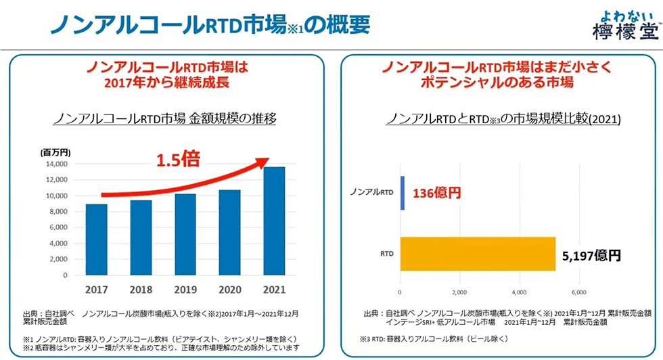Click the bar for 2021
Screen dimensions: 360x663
[274, 221]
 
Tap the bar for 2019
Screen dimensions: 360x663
[185, 234]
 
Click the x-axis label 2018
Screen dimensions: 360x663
[140, 289]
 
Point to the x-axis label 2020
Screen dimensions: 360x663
[229, 289]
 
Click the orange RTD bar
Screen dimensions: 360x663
[478, 254]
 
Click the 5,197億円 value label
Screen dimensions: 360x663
[591, 255]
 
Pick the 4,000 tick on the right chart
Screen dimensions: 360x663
[519, 292]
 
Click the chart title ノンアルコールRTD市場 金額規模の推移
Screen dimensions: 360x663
[166, 118]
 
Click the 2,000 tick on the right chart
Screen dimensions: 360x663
[459, 292]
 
